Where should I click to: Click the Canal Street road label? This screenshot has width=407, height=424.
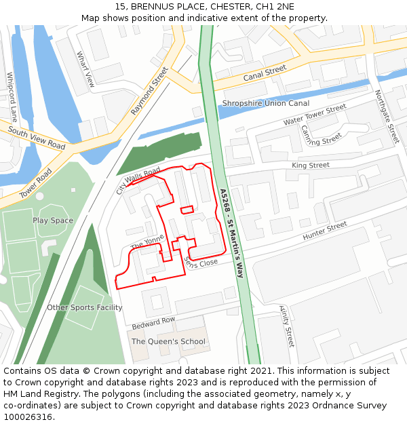tap(265, 73)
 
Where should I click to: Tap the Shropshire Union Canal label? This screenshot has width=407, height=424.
tap(265, 103)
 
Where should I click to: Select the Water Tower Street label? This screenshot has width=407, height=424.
tap(315, 115)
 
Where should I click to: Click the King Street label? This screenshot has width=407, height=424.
tap(310, 165)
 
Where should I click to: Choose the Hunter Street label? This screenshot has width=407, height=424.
tap(324, 229)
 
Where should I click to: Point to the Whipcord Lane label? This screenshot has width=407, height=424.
tap(12, 96)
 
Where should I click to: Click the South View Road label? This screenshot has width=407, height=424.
tap(37, 138)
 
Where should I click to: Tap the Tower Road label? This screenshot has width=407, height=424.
tap(35, 183)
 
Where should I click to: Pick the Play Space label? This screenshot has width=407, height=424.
tap(53, 220)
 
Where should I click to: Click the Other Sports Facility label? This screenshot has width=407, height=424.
tap(85, 307)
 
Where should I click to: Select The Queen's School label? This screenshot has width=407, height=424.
tap(168, 341)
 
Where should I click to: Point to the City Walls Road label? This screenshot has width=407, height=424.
tap(138, 180)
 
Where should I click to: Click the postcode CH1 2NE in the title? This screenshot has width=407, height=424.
tap(275, 6)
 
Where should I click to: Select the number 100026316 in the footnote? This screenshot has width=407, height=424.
tap(29, 417)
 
